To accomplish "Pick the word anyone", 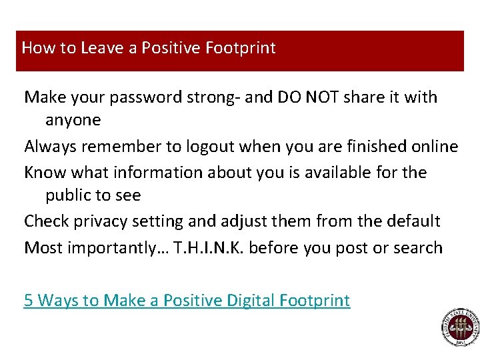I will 73,121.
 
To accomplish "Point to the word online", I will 435,147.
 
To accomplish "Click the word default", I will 413,221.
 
